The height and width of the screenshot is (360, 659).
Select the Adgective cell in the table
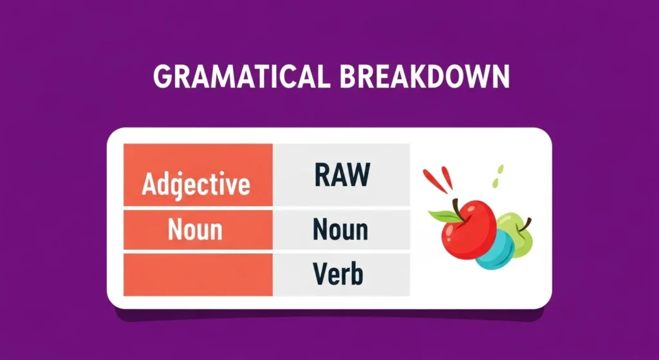pyautogui.click(x=196, y=184)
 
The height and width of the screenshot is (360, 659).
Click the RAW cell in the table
pyautogui.click(x=342, y=175)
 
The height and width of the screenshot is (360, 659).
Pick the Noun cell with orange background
pyautogui.click(x=196, y=230)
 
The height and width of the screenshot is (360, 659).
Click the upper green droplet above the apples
pyautogui.click(x=500, y=169)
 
